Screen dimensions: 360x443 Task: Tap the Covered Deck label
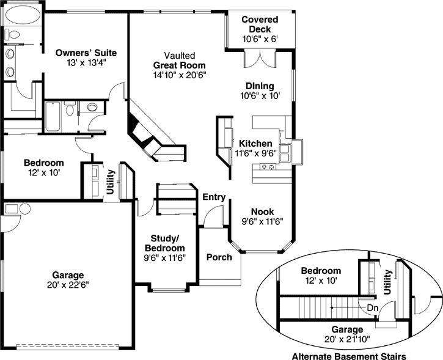[260, 24]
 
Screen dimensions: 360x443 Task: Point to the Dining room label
[260, 86]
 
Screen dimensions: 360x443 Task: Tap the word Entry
[214, 197]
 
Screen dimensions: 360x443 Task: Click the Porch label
[219, 257]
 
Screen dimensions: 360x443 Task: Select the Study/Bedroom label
[164, 243]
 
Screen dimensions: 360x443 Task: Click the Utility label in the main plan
[110, 182]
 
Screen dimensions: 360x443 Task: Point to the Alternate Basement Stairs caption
[349, 356]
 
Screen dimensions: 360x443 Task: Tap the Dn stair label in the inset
[373, 307]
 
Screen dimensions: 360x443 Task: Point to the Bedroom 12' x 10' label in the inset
[321, 276]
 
